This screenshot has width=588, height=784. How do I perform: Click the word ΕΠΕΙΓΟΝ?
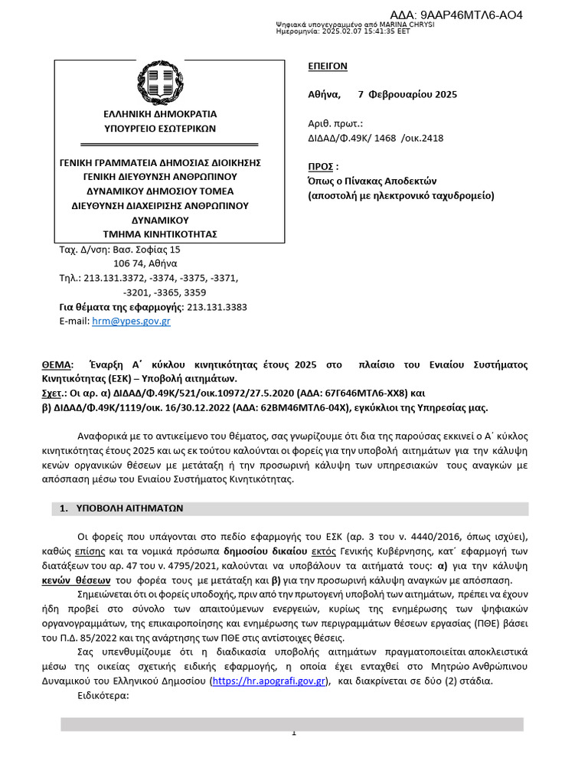(x=327, y=67)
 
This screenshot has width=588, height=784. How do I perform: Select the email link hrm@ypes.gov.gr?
(x=131, y=322)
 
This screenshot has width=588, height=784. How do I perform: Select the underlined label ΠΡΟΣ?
(x=320, y=167)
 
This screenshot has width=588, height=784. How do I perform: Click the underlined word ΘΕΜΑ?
(x=56, y=364)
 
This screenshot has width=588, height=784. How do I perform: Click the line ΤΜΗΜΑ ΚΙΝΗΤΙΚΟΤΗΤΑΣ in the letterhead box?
(x=160, y=234)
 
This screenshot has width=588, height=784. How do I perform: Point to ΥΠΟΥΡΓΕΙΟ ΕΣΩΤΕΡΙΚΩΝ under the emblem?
(x=160, y=129)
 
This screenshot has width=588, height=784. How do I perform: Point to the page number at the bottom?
(x=293, y=733)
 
